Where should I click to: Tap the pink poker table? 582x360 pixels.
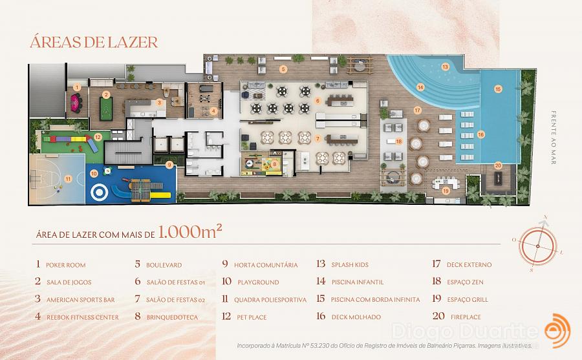(x=76, y=102)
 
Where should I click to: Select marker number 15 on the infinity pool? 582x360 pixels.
(x=498, y=89)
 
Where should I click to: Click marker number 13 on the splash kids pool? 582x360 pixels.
(x=445, y=67)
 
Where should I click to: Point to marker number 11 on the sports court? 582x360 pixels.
(x=69, y=179)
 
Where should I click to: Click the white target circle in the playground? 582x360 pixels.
(x=100, y=193)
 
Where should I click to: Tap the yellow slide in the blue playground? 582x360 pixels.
(x=160, y=195)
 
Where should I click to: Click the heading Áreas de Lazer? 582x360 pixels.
(x=94, y=41)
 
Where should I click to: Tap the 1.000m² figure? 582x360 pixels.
(x=190, y=231)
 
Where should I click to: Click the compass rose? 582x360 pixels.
(x=538, y=246)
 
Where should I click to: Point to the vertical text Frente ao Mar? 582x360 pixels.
(x=554, y=137)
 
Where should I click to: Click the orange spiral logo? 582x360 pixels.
(x=557, y=331)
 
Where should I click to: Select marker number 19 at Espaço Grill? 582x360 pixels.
(x=446, y=191)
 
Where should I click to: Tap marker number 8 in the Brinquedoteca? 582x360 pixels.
(x=275, y=164)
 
